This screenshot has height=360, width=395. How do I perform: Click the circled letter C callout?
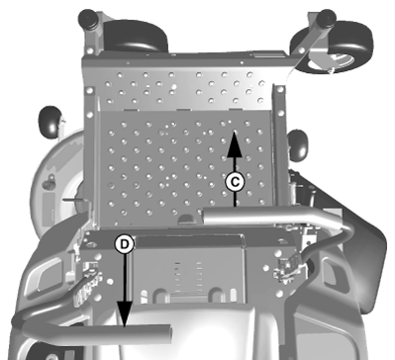[235, 182]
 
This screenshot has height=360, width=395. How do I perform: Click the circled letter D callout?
[125, 244]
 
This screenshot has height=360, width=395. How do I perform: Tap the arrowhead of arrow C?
[235, 143]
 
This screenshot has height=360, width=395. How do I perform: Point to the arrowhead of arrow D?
[125, 315]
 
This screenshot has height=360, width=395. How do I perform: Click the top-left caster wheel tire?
[136, 36]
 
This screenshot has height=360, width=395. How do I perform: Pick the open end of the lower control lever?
[167, 333]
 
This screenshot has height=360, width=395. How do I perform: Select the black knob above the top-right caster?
[326, 17]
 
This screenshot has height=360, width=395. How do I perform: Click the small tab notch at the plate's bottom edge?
[186, 219]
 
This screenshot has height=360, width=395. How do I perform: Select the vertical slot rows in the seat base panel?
[188, 277]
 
